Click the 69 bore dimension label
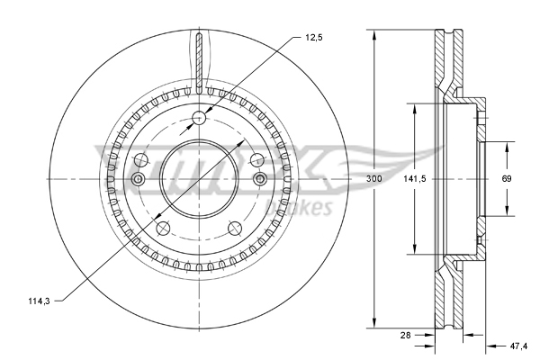[x=507, y=179]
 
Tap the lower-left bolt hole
[x=163, y=228]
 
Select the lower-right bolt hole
[x=236, y=228]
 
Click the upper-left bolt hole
[x=140, y=159]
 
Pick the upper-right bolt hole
[x=258, y=159]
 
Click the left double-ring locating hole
[x=138, y=180]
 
